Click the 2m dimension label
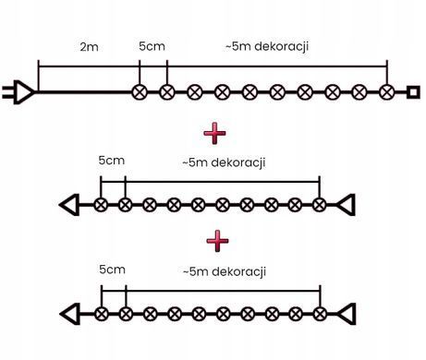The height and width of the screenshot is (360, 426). point(89,47)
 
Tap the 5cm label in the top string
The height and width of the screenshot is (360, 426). point(152,46)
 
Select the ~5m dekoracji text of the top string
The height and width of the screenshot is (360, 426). point(267,46)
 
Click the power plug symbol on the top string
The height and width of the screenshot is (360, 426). point(18,92)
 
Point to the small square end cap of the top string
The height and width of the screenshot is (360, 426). point(413,92)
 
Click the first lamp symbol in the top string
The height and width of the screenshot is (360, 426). point(140,92)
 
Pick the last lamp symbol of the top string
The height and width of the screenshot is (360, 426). point(387,92)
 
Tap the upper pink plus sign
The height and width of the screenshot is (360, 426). point(214,133)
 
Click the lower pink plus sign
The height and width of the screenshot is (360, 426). point(217,241)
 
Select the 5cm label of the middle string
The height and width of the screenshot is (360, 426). point(112,161)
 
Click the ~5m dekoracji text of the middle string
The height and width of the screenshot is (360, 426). point(224,162)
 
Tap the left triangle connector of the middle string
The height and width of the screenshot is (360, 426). point(69,205)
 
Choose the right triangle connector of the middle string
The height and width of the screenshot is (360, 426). point(346,205)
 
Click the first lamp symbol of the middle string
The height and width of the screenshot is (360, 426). point(101,205)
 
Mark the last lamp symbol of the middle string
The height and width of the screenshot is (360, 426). point(320,205)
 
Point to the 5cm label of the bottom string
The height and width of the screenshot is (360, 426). point(112,270)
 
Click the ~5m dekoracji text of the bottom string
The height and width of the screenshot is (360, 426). point(225,271)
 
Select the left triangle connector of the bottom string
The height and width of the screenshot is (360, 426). point(70,314)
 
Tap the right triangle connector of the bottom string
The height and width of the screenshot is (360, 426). point(347,314)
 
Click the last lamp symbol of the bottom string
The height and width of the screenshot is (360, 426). point(320,314)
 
